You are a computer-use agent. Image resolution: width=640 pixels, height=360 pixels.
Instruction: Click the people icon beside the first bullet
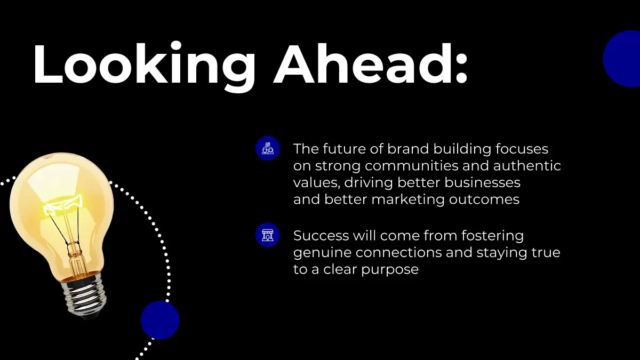268,148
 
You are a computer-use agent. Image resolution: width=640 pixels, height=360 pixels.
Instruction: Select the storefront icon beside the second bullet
268,235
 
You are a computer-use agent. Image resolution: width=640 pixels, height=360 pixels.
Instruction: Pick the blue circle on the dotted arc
160,320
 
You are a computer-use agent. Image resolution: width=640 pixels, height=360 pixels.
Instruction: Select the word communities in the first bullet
412,166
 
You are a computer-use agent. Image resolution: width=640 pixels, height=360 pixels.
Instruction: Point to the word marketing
408,199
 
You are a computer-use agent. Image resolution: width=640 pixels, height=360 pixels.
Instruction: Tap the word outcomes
484,199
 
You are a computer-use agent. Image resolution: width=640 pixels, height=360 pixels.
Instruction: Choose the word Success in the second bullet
321,236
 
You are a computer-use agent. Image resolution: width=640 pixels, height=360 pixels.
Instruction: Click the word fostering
493,236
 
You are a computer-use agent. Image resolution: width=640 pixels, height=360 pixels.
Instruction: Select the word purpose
390,270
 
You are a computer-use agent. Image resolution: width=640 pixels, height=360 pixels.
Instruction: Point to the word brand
408,149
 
